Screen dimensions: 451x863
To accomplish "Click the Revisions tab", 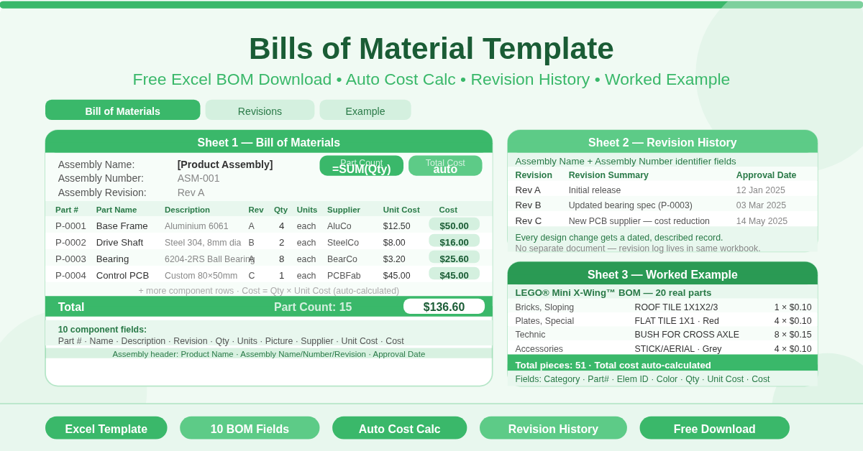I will (x=260, y=111).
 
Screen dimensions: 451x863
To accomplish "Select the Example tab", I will (x=365, y=111).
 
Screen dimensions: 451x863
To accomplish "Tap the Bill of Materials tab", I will (x=122, y=111).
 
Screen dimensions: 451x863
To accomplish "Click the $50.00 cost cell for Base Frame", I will (x=454, y=225).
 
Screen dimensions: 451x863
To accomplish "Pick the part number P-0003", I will (x=70, y=259).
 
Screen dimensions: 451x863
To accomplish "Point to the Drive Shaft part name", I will (x=119, y=242).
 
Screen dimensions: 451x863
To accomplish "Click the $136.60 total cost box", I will (x=444, y=307).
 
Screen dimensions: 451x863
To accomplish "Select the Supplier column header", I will (x=344, y=210).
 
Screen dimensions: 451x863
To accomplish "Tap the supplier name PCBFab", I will (x=344, y=275).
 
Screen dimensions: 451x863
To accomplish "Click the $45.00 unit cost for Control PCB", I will (x=396, y=275).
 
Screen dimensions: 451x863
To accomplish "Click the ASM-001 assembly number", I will (x=198, y=178).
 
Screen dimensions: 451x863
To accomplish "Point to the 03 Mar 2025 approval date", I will (x=761, y=205).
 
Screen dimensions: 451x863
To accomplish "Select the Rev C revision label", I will (x=529, y=220).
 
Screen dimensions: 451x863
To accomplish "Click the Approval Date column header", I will (x=766, y=175).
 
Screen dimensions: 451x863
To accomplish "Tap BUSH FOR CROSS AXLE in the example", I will (x=687, y=335).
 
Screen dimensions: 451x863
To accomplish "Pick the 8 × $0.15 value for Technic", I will (x=793, y=335).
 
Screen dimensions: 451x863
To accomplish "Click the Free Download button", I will (x=714, y=429).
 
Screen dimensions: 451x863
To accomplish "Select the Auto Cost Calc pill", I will (x=399, y=429).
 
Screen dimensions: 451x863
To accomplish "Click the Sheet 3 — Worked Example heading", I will (x=662, y=274).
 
